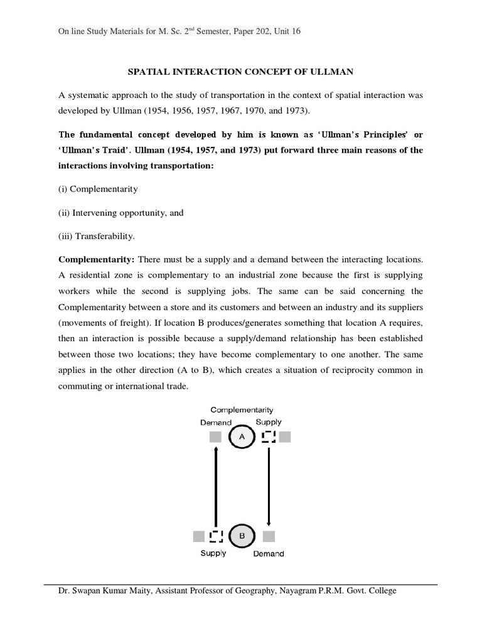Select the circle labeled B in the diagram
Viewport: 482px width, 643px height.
click(242, 536)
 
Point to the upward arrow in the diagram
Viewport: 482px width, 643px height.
click(215, 487)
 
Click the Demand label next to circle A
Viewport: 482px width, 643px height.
click(216, 423)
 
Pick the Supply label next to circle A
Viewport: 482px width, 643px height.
click(269, 422)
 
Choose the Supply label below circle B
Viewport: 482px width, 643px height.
click(213, 553)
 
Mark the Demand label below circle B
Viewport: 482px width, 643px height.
click(269, 554)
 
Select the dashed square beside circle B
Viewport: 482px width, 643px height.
click(216, 536)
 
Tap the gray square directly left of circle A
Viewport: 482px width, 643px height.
click(215, 437)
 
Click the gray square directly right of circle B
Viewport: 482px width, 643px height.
click(269, 536)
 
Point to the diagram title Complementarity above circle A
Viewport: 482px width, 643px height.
click(242, 410)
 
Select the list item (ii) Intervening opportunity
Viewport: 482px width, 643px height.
click(121, 213)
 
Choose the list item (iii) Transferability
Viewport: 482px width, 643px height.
click(97, 236)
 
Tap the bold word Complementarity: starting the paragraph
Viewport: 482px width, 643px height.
click(96, 259)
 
